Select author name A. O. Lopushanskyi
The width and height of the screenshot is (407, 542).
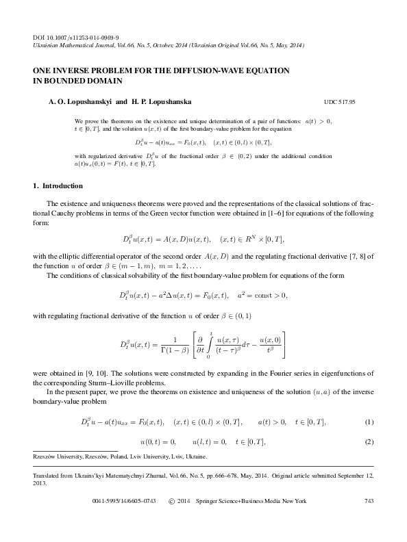coord(77,100)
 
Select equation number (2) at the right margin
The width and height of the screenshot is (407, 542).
coord(369,441)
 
